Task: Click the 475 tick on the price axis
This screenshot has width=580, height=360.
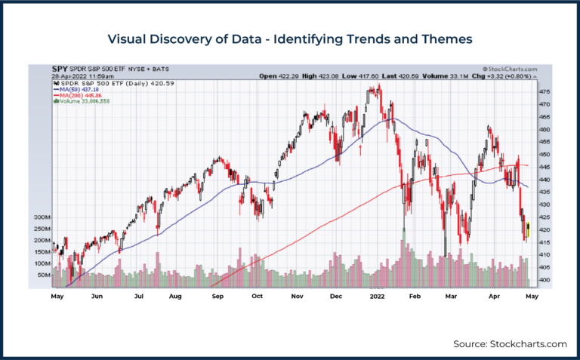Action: click(x=544, y=92)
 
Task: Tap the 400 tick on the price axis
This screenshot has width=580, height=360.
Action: click(x=544, y=280)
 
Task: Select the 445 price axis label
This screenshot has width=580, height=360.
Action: click(x=544, y=168)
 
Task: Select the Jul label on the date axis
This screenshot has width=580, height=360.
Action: click(x=138, y=297)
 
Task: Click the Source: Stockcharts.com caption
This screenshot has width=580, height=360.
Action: click(x=510, y=343)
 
